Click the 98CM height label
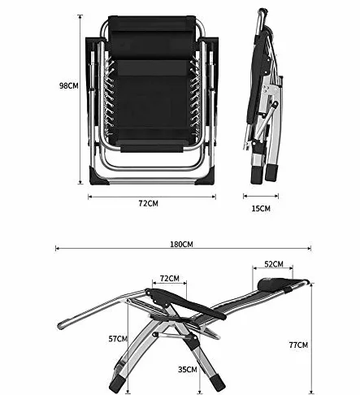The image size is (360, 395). click(69, 85)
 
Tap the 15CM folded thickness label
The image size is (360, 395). click(261, 208)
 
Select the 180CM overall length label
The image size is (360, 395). click(181, 245)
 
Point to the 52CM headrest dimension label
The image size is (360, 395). click(274, 264)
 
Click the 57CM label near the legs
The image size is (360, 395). click(118, 339)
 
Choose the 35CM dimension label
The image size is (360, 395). click(188, 369)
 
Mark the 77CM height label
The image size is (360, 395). click(298, 345)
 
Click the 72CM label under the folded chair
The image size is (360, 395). click(148, 203)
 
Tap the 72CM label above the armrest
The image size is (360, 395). click(170, 278)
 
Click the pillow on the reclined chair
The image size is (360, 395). click(271, 284)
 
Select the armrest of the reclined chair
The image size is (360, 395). click(187, 302)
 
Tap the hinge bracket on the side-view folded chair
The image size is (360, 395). click(271, 90)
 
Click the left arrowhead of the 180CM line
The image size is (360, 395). click(56, 248)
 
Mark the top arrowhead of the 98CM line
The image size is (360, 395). click(80, 16)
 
